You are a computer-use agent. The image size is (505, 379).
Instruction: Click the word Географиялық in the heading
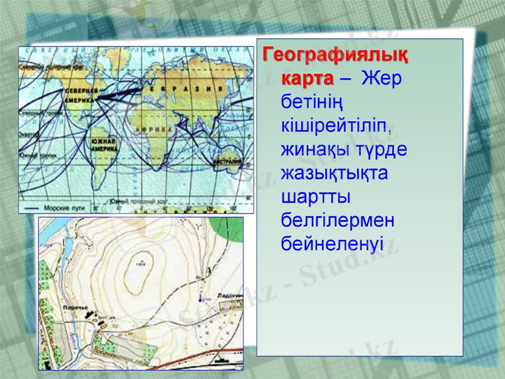point(335,56)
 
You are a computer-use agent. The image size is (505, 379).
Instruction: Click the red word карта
point(307,80)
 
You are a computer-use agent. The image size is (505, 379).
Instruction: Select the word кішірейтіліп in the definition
point(337,126)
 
